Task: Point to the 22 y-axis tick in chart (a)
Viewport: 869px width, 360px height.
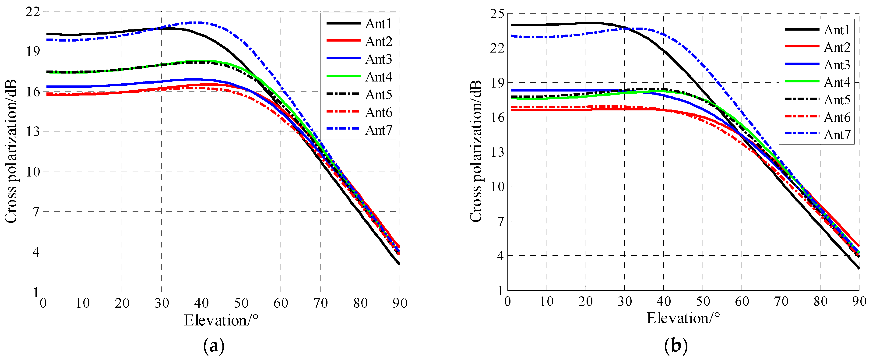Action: (32, 12)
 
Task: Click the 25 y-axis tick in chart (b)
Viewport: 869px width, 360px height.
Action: (497, 14)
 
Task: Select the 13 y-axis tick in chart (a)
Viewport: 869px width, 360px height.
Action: (32, 132)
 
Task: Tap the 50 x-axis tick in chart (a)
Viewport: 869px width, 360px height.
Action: (241, 303)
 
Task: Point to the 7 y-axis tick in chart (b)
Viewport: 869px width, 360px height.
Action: (500, 221)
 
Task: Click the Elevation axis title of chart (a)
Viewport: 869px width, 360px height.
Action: (221, 320)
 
